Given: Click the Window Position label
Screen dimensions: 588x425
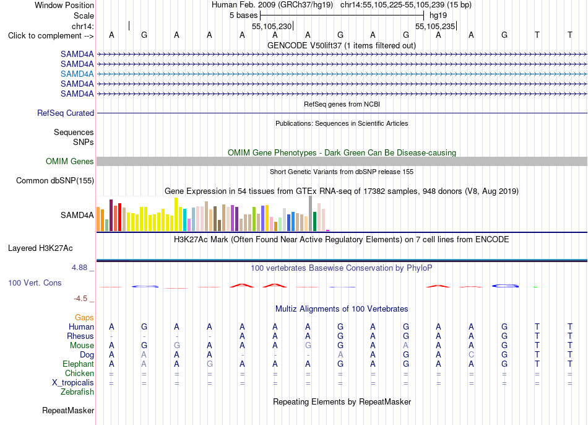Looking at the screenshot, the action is [64, 5].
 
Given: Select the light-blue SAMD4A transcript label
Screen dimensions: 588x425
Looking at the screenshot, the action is [77, 74].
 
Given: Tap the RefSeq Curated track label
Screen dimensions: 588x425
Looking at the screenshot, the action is [66, 113].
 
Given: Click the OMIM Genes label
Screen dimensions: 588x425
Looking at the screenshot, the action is [70, 162].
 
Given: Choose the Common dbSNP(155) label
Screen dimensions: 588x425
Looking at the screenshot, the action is [55, 180].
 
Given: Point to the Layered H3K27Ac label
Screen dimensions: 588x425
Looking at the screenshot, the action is [40, 248].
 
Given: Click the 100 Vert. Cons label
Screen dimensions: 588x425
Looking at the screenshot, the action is [35, 283].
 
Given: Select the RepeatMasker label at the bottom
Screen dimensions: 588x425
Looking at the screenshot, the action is [68, 410].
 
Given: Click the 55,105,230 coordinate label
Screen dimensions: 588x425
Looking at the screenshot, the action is [272, 26].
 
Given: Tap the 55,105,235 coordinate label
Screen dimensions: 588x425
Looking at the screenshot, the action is [435, 26].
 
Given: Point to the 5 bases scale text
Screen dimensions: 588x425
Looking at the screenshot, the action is [244, 15].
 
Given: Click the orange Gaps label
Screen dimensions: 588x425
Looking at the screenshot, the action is [84, 318].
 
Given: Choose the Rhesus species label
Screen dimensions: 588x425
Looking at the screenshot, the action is [80, 336].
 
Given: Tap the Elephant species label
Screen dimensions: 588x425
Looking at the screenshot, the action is [79, 364].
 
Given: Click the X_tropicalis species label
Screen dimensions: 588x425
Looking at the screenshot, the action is [73, 383].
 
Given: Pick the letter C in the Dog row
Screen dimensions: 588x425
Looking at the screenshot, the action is [472, 355].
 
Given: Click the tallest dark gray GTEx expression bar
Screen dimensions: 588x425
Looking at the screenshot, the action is [311, 213].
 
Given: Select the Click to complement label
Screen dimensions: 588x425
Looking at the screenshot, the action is [51, 36].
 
